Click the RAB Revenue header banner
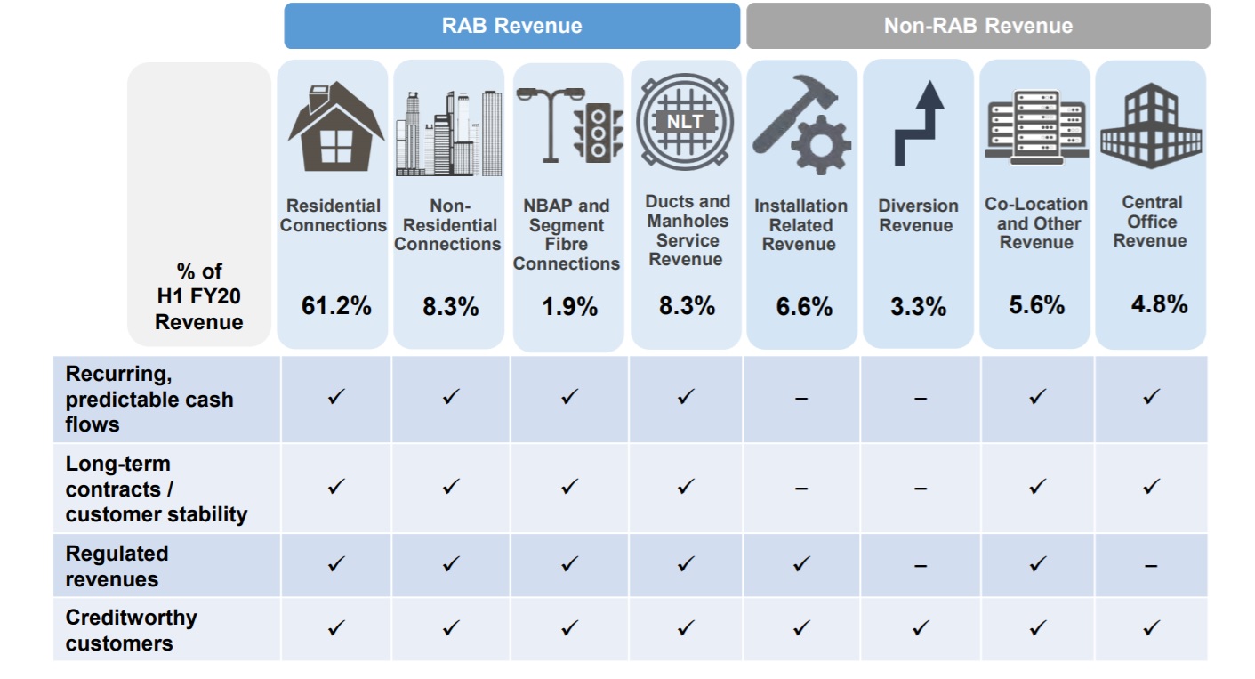pos(511,26)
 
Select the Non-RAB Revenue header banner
pos(977,26)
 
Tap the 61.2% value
pos(334,307)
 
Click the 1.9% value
pos(569,307)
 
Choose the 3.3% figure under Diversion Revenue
pos(918,307)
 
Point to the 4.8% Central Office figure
pos(1159,304)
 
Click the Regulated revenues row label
pos(117,566)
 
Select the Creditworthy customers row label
pos(131,630)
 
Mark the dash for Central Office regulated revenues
pos(1151,565)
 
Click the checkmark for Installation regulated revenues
pos(800,563)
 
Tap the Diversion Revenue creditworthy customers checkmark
pos(920,628)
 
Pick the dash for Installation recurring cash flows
pos(800,399)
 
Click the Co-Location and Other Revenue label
pos(1036,223)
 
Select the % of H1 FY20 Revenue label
pos(198,296)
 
